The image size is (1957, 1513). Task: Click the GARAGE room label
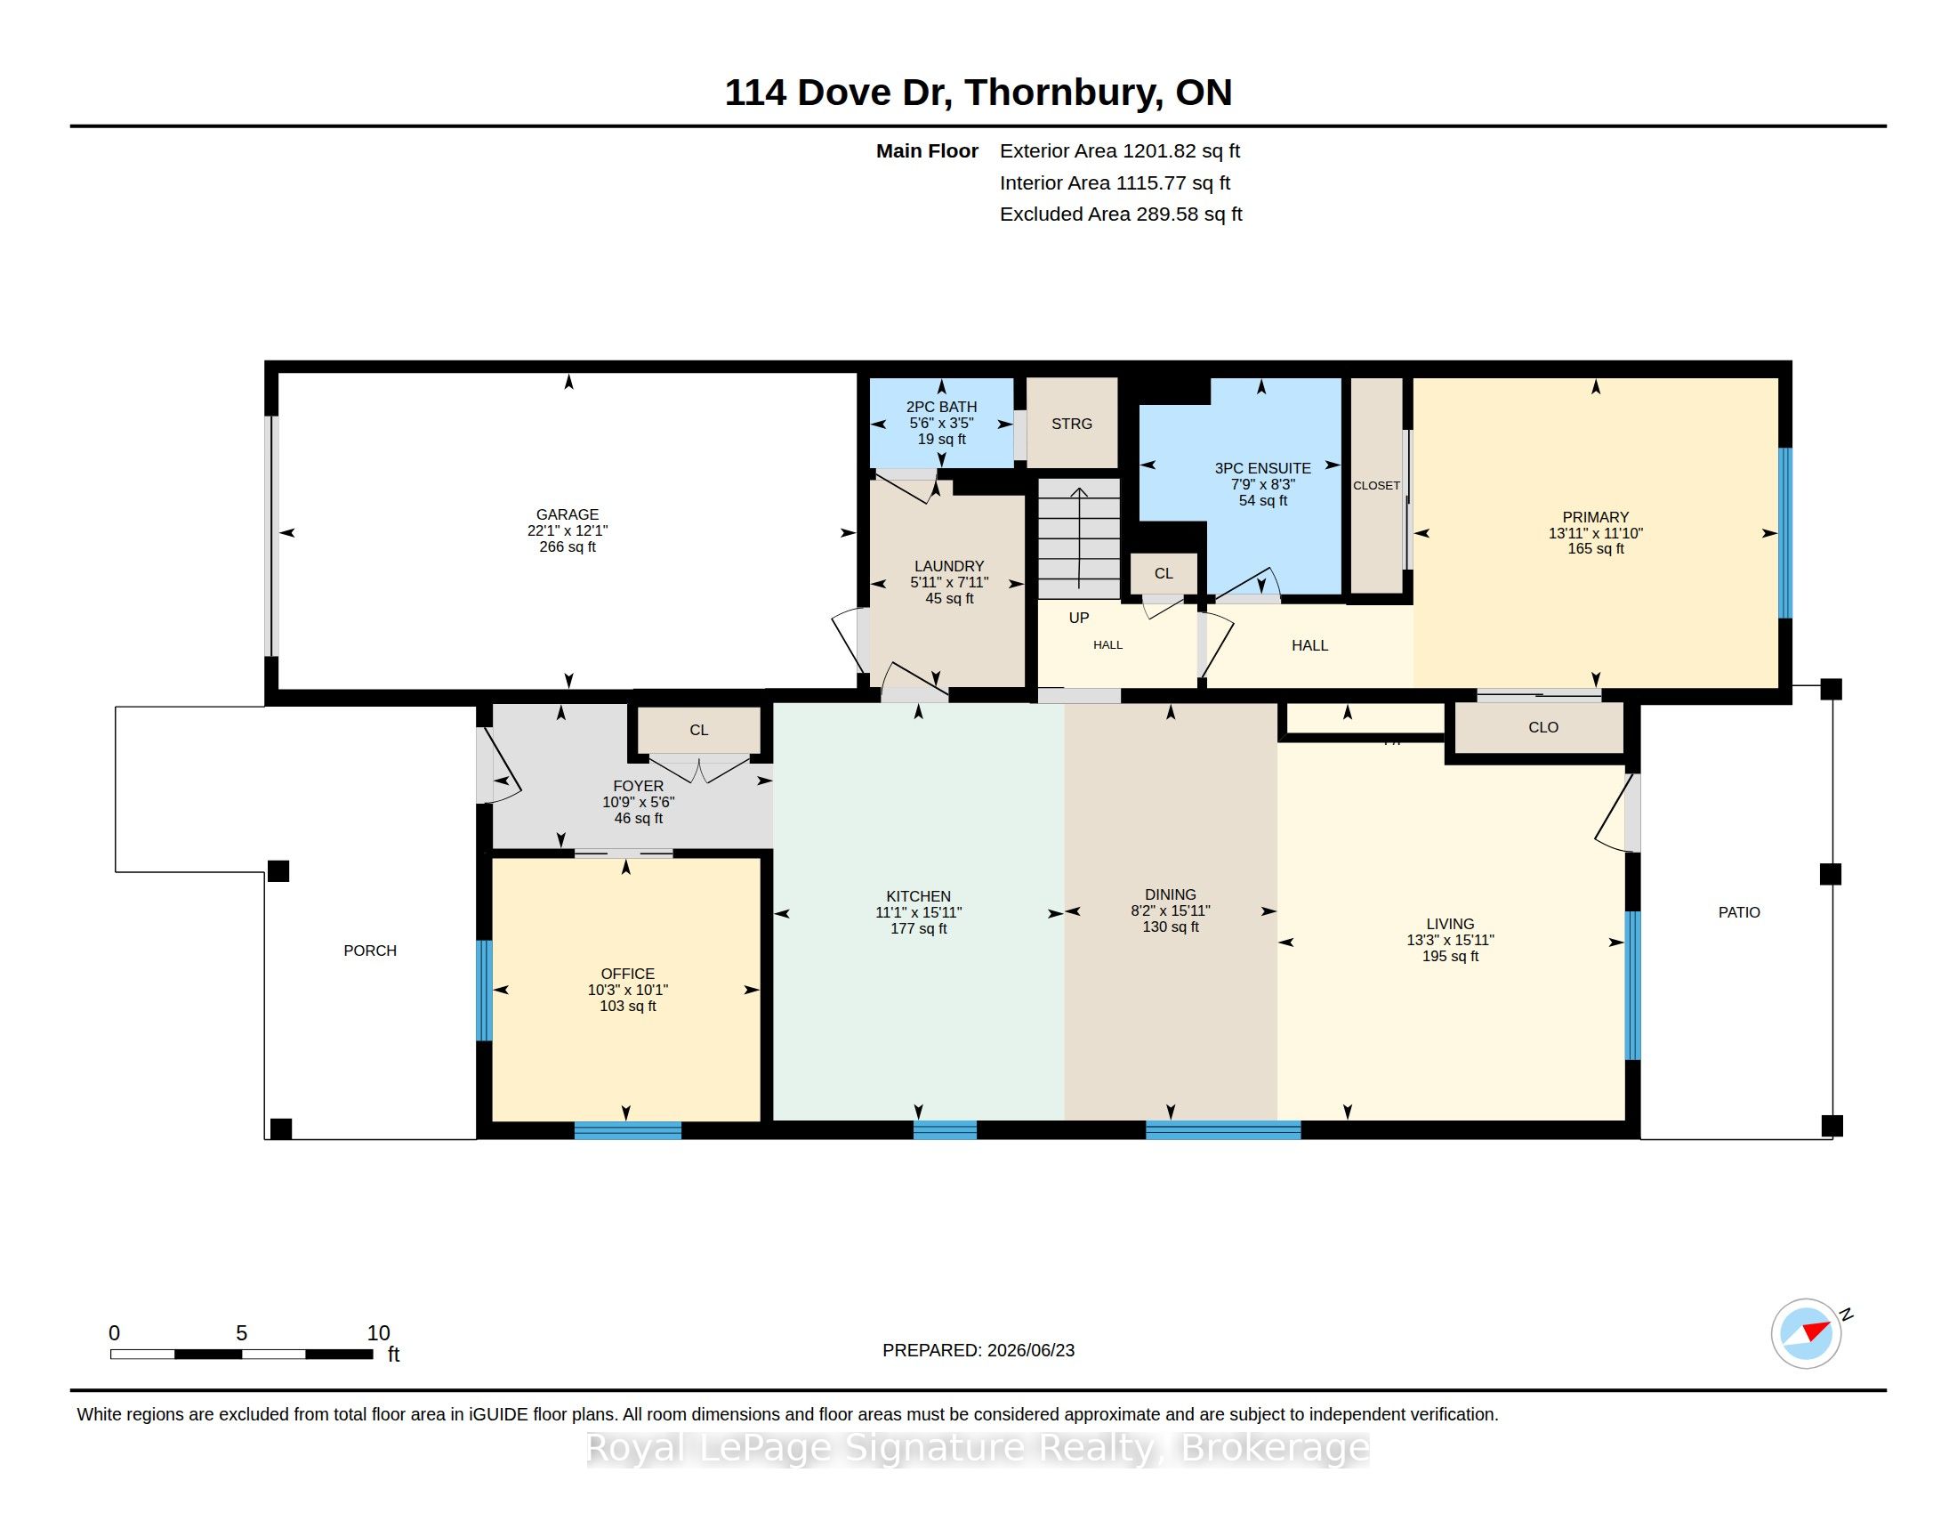[568, 514]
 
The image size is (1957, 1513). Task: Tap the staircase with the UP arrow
[1079, 538]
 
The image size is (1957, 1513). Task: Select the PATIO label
[1738, 912]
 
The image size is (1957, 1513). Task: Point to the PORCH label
[370, 951]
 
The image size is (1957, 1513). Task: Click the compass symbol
[1807, 1333]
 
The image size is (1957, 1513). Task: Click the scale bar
[242, 1355]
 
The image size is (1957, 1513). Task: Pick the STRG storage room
[1072, 423]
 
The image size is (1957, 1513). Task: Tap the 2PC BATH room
[942, 422]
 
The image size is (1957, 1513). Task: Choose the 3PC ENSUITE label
[1262, 468]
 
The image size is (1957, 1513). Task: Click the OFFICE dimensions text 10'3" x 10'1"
[628, 991]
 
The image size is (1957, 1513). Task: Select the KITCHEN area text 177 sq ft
[919, 928]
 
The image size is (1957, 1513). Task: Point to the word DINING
[1171, 894]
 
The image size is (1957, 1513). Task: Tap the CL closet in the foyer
[699, 730]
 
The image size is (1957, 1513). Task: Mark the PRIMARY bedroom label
[1596, 517]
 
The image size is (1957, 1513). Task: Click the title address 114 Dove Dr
[837, 93]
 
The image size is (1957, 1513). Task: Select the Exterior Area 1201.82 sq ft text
[1120, 151]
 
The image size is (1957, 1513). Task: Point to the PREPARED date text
[978, 1350]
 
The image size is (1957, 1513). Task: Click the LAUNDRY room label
[949, 566]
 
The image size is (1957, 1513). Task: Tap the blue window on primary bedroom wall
[1785, 532]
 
